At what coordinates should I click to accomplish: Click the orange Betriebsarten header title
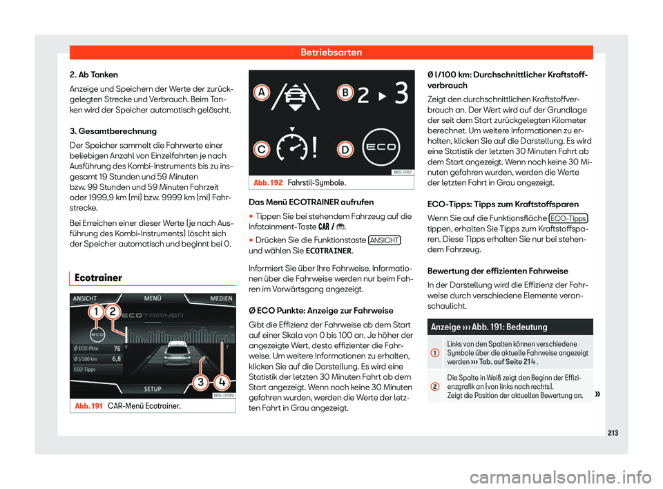click(x=331, y=52)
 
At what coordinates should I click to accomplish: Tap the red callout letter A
click(x=262, y=93)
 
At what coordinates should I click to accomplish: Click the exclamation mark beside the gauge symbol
click(x=316, y=146)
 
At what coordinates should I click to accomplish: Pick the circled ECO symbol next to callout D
click(x=382, y=146)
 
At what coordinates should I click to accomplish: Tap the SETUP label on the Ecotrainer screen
click(x=153, y=387)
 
